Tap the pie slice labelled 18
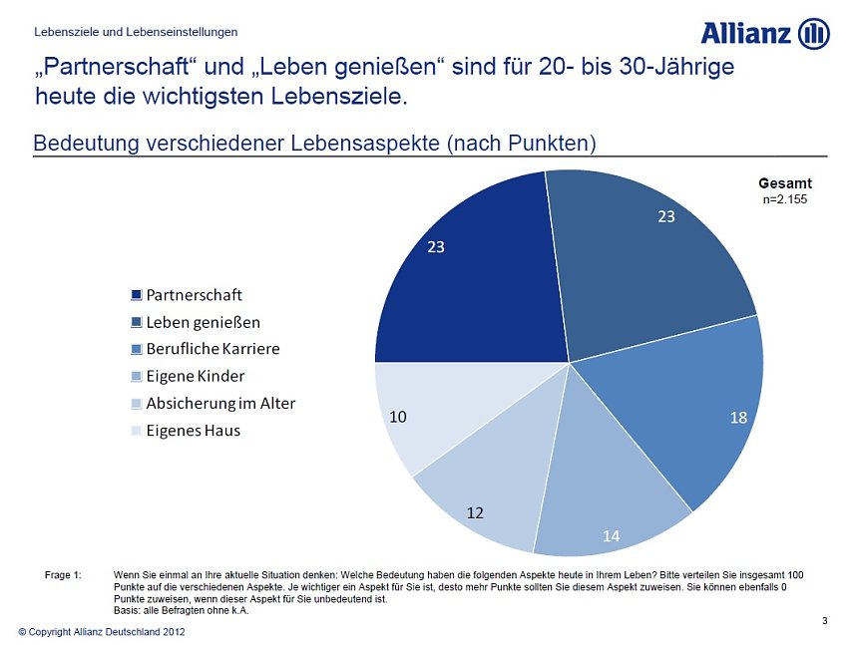[x=688, y=409]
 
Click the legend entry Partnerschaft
[x=194, y=295]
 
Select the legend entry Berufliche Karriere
[x=213, y=350]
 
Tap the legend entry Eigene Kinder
[x=195, y=377]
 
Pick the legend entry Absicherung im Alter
[x=220, y=404]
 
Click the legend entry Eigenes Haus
[x=193, y=431]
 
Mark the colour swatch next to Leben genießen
[x=137, y=323]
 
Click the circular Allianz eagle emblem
[x=813, y=33]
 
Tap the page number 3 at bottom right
[x=824, y=621]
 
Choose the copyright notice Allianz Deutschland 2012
[x=101, y=632]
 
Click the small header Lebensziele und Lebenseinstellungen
[x=136, y=32]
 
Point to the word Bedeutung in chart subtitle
[x=86, y=143]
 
